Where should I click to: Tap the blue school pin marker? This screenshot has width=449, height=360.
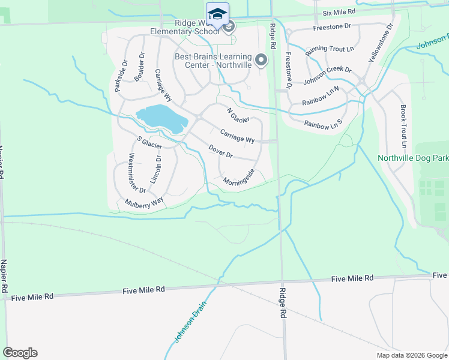pyautogui.click(x=217, y=14)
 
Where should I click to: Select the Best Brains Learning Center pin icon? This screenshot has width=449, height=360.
pyautogui.click(x=261, y=60)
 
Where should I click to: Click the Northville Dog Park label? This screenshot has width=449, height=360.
pyautogui.click(x=413, y=158)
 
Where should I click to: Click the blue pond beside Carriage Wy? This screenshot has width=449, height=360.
pyautogui.click(x=161, y=118)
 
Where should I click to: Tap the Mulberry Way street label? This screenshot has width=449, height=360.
pyautogui.click(x=144, y=203)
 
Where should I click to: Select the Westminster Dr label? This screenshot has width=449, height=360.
pyautogui.click(x=137, y=173)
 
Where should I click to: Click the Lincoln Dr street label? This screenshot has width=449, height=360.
pyautogui.click(x=158, y=169)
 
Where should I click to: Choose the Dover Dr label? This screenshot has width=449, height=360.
pyautogui.click(x=220, y=151)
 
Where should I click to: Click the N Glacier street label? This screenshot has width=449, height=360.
pyautogui.click(x=238, y=115)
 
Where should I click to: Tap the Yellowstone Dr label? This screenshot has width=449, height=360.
pyautogui.click(x=381, y=44)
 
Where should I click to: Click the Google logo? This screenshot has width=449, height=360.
pyautogui.click(x=20, y=353)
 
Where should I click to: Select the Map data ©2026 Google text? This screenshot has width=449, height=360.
pyautogui.click(x=411, y=355)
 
